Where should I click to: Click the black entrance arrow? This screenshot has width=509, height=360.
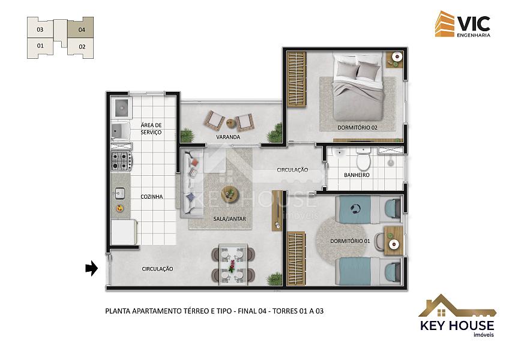(92, 268)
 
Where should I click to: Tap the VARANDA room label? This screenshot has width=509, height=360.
(228, 137)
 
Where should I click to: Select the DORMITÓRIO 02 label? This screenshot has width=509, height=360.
(357, 128)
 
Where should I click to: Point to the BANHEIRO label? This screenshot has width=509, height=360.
(357, 175)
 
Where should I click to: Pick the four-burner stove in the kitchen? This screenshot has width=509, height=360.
(121, 161)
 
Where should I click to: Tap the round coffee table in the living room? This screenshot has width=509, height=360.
(230, 194)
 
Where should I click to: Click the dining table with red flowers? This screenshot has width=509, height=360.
(233, 265)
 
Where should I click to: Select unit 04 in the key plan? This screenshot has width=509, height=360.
(81, 28)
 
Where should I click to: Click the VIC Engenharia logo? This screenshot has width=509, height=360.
(463, 25)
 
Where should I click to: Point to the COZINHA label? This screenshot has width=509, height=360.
(152, 197)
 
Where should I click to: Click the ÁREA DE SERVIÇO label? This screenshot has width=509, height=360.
(151, 128)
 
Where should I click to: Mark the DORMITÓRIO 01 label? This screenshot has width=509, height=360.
(350, 241)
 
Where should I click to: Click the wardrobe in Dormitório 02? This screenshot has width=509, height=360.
(297, 80)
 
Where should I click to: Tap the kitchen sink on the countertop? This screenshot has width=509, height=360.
(119, 193)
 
